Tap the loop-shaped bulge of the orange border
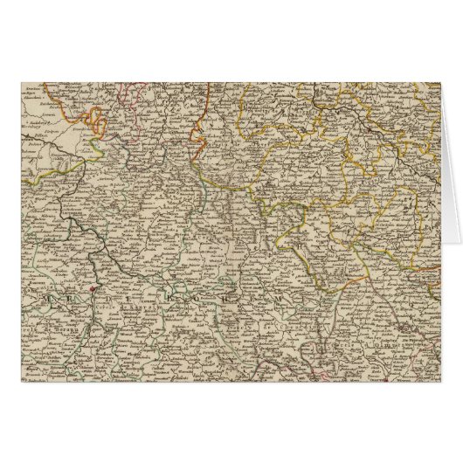point(99,117)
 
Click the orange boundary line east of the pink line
point(202,106)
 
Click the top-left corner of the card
point(18,79)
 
